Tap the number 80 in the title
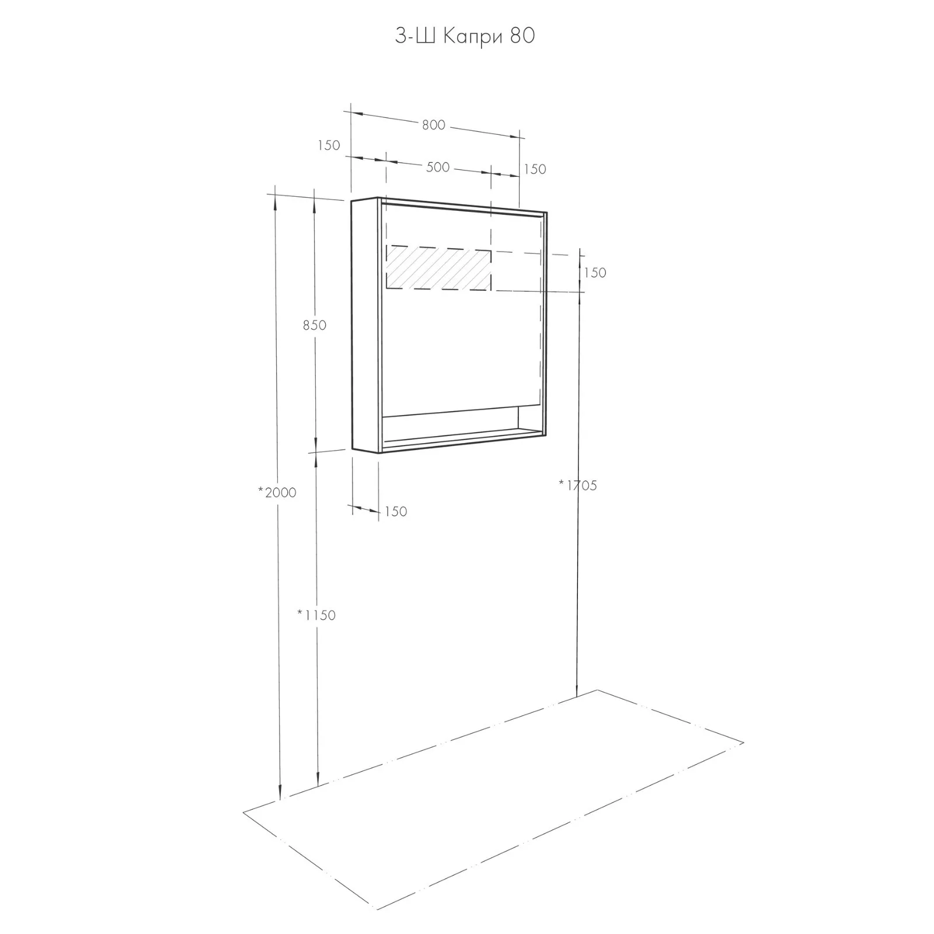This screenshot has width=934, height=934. [522, 36]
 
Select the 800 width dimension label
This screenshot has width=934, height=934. [434, 125]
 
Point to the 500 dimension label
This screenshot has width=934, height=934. [438, 168]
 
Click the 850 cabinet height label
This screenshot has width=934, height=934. [315, 325]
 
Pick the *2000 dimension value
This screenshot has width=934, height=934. [277, 493]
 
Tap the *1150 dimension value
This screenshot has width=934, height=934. [316, 615]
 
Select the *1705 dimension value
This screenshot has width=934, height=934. [578, 485]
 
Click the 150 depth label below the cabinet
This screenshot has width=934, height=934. [396, 511]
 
